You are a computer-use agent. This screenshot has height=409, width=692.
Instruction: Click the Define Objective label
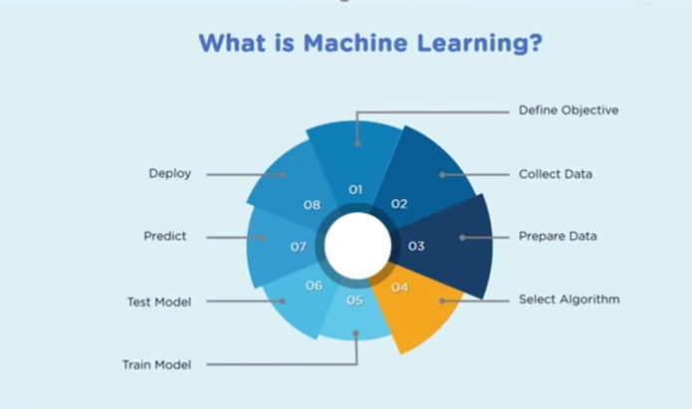tap(568, 110)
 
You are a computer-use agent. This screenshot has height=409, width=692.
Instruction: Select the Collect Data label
tap(555, 174)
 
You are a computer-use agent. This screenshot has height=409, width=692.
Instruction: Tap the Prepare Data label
tap(557, 237)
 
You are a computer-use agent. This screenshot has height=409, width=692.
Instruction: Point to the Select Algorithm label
tap(569, 299)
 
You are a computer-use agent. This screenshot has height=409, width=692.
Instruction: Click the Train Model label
tap(156, 364)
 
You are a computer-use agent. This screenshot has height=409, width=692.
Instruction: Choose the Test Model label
tap(159, 301)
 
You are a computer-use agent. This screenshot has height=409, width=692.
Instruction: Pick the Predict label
tap(165, 237)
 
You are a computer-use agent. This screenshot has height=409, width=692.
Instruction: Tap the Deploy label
tap(169, 174)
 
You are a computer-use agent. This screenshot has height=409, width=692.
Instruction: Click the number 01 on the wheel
tap(355, 189)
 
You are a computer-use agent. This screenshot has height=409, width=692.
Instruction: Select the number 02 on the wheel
tap(399, 204)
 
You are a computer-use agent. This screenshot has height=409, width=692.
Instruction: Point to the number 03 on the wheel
tap(416, 246)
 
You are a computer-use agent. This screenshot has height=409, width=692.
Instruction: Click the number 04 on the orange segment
tap(399, 288)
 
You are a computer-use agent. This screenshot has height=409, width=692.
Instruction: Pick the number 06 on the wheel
tap(314, 287)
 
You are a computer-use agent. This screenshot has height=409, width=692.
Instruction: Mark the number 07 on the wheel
tap(298, 246)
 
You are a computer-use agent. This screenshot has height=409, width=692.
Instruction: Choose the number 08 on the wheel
tap(312, 205)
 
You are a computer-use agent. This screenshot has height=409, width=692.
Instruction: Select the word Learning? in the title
tap(483, 45)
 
